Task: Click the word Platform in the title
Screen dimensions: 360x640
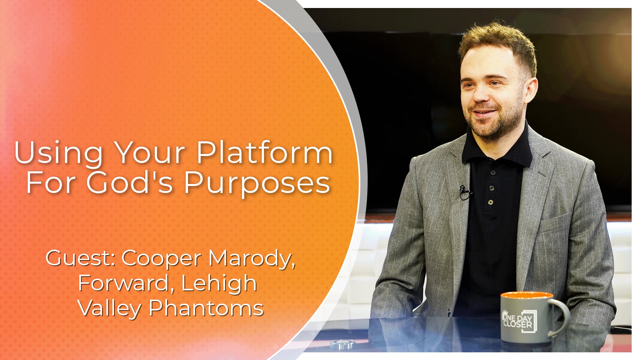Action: pos(264,153)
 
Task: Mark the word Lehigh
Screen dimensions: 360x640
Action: pos(219,283)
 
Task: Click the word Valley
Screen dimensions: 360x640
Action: pos(110,308)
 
